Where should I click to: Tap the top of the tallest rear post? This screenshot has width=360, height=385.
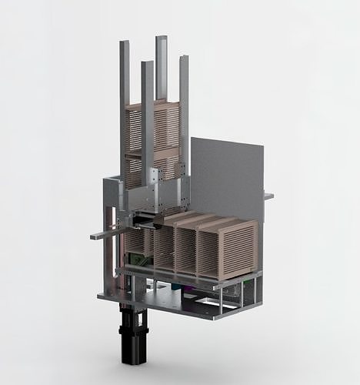point(162,38)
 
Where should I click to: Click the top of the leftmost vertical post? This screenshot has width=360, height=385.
point(124,44)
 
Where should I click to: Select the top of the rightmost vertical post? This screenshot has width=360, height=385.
point(185,59)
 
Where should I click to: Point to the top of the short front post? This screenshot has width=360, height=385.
point(147,64)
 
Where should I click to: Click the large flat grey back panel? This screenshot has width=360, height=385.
point(227,177)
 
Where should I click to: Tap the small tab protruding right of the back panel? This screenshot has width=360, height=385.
point(268,196)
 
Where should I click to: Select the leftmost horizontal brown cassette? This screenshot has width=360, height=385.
point(139,243)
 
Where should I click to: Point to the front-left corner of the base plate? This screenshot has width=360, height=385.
point(101,295)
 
